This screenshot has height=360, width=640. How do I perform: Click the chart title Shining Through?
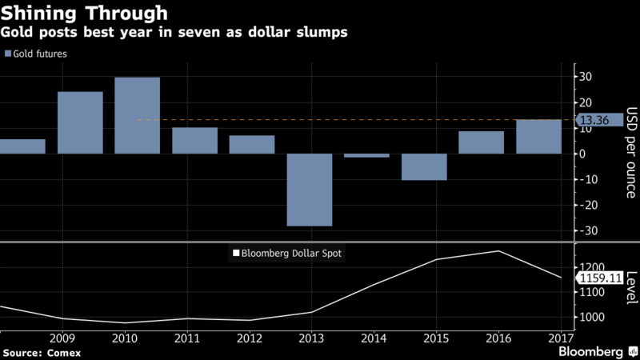(85, 14)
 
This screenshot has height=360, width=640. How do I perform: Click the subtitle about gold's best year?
(175, 34)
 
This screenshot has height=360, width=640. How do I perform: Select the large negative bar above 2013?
(310, 190)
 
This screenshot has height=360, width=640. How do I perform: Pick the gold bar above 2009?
(80, 122)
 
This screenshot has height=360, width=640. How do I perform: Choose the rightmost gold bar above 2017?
(538, 137)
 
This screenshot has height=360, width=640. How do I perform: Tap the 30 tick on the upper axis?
(586, 77)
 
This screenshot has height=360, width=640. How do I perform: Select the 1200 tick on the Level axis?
(593, 267)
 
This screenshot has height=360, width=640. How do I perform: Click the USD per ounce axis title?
(630, 152)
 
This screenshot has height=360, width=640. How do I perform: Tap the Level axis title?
(630, 286)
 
